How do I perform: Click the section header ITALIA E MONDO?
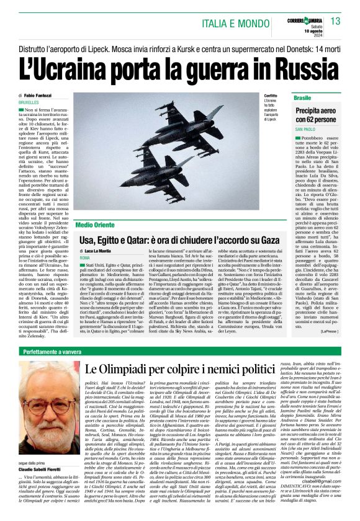pos(241,24)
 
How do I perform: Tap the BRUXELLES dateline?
pos(29,102)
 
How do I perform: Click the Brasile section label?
pos(303,98)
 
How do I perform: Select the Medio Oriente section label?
pos(97,224)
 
